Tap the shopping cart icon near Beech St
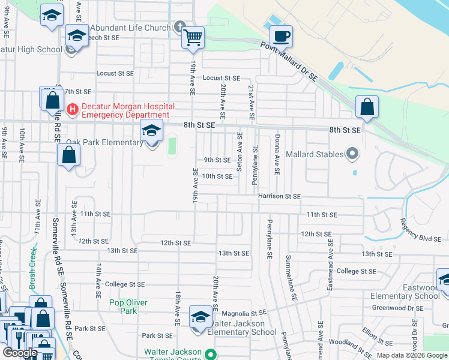click(x=193, y=38)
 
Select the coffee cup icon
click(x=280, y=36)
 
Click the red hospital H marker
click(x=73, y=109)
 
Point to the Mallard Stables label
click(x=315, y=154)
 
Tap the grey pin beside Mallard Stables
click(x=353, y=154)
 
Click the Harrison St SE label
click(x=279, y=196)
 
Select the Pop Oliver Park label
click(x=128, y=307)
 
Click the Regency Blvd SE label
click(x=421, y=230)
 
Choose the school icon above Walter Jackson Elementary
click(x=200, y=316)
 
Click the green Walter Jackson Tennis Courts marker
click(x=209, y=354)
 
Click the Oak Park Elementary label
click(x=104, y=142)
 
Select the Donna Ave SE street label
click(x=277, y=154)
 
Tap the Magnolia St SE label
click(x=244, y=313)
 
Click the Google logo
click(x=20, y=352)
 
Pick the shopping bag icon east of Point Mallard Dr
click(x=367, y=107)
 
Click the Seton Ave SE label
click(x=240, y=152)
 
